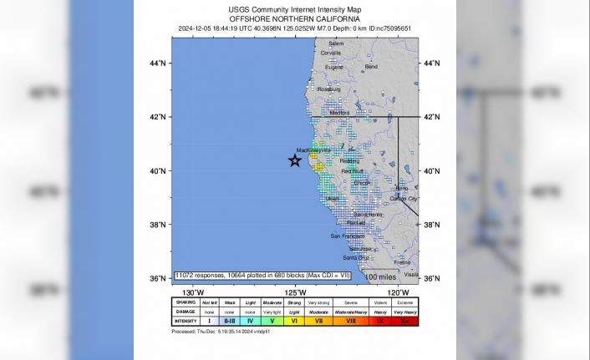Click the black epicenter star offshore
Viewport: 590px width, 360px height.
pos(295,160)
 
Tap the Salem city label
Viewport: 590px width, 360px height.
pos(336,43)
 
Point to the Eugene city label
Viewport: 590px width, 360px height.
pos(333,67)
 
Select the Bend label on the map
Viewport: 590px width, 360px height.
pos(371,67)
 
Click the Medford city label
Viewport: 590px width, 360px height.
pos(339,113)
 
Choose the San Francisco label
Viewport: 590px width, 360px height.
pos(347,236)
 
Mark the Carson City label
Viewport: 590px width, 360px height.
pos(404,199)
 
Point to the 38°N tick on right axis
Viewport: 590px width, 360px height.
pos(432,225)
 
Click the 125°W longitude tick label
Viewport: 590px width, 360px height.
pos(295,292)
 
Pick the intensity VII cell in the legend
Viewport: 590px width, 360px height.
pos(318,321)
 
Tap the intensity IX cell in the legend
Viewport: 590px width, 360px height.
pos(379,321)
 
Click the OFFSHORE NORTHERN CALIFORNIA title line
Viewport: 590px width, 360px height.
pos(295,18)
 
